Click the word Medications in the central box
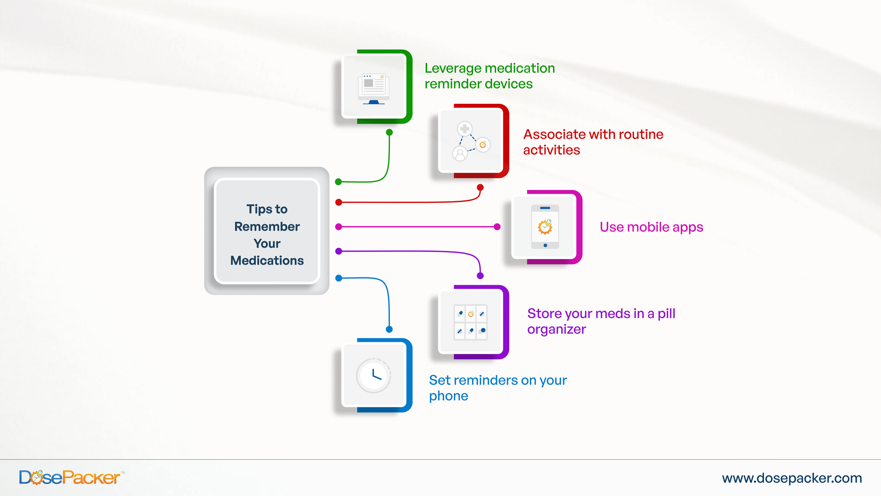267,260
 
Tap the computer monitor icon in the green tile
374,89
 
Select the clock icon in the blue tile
374,376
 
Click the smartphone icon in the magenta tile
545,227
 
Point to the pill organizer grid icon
470,322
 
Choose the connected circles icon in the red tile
471,141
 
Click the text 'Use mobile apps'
651,227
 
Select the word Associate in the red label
554,134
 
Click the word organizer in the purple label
556,329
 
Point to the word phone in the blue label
448,396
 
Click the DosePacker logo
70,478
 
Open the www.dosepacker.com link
792,478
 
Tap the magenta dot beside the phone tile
497,227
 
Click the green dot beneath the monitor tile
389,132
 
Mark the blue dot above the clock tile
389,329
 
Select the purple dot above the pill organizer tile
480,276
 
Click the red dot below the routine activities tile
480,187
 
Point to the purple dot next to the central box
339,251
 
